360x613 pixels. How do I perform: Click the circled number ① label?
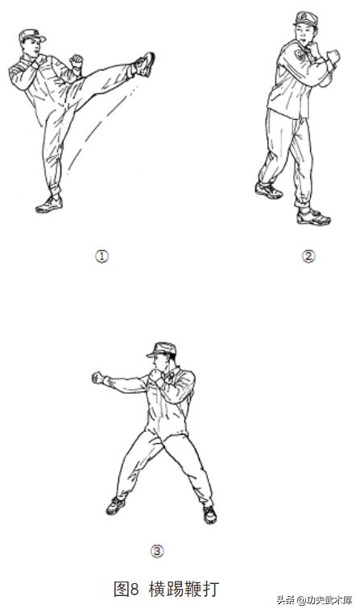[101, 256]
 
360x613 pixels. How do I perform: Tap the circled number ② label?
[308, 256]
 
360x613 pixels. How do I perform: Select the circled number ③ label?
[157, 551]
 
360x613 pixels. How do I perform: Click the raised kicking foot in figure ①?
[145, 64]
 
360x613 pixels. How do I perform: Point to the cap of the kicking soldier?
[31, 35]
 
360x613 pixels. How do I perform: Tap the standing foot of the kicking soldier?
[49, 205]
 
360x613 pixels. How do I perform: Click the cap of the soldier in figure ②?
[306, 19]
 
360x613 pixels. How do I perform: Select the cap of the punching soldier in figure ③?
[161, 350]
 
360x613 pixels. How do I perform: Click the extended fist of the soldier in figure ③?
[97, 378]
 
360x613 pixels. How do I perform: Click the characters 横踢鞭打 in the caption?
[184, 588]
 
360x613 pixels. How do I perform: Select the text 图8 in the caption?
[126, 589]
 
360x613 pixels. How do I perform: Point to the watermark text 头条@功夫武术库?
[315, 600]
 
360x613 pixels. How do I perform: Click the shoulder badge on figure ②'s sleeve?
[300, 54]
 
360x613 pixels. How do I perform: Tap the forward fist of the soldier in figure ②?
[333, 56]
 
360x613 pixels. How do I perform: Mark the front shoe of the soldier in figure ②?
[313, 217]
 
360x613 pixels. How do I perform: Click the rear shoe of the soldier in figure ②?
[268, 190]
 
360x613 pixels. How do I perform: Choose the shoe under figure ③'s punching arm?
[116, 506]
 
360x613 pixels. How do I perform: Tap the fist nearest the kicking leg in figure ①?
[77, 61]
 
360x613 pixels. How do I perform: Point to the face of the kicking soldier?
[35, 47]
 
